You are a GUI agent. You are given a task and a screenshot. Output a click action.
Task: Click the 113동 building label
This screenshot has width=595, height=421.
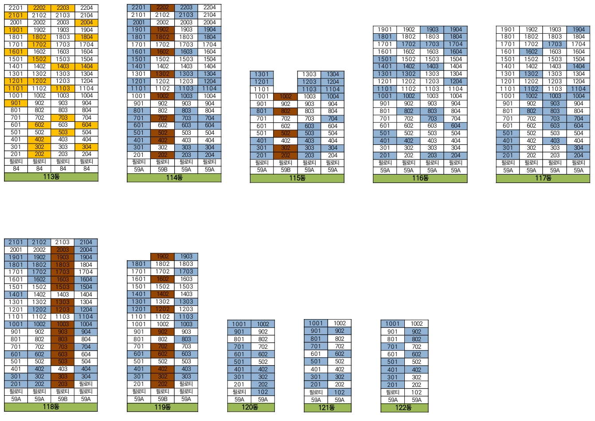tap(51, 177)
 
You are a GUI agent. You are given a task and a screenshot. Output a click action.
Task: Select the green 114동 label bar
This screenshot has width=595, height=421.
tap(174, 178)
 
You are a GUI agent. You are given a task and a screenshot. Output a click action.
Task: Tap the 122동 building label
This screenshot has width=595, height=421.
tap(404, 408)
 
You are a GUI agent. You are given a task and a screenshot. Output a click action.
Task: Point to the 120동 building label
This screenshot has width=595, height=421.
tap(251, 407)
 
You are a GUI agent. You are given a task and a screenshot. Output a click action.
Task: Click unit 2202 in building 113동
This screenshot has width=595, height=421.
tap(39, 8)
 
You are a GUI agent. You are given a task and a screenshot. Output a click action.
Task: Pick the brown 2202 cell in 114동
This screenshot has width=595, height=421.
tap(162, 8)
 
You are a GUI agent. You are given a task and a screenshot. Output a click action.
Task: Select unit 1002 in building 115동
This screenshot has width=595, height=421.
tap(286, 96)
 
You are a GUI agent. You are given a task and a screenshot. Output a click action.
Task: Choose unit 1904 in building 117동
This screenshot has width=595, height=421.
tap(578, 30)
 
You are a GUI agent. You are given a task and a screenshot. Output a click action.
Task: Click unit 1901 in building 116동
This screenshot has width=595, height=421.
tap(385, 30)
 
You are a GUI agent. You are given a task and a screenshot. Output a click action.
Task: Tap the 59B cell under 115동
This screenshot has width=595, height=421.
tap(286, 170)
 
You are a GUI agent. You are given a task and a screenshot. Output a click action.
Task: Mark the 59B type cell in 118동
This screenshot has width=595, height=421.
tap(63, 399)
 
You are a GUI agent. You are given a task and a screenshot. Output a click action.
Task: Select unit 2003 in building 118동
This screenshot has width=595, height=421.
tap(63, 250)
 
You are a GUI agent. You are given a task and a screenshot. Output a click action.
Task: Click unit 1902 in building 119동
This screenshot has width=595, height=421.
tap(162, 257)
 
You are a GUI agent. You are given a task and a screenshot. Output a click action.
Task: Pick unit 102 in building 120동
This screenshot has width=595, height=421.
tap(263, 392)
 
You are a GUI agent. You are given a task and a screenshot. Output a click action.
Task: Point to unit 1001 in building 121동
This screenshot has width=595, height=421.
tap(316, 324)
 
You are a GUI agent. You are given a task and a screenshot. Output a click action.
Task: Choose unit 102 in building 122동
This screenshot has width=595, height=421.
tap(416, 392)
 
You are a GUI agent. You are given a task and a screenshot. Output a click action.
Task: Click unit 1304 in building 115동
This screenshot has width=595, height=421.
tap(333, 74)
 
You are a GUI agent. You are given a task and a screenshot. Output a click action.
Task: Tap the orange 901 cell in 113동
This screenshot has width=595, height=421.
tap(16, 103)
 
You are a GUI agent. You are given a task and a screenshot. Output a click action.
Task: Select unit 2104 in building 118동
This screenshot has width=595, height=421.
tap(86, 242)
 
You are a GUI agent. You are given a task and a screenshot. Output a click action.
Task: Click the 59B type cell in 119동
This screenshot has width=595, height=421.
tap(162, 399)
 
